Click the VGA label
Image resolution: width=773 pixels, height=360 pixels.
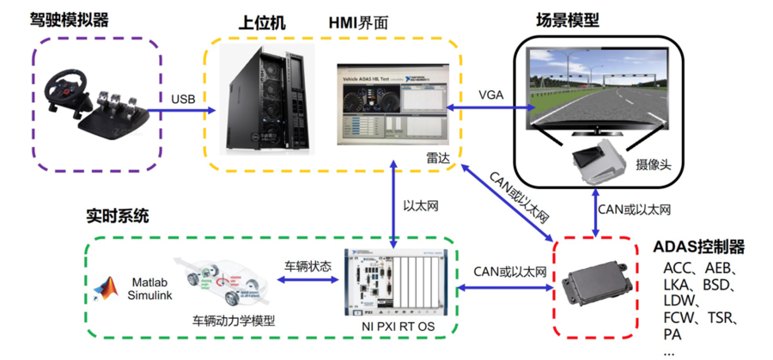(x=490, y=94)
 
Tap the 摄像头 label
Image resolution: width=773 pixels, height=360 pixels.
(x=653, y=162)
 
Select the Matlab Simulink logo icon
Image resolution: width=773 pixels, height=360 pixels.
(x=108, y=289)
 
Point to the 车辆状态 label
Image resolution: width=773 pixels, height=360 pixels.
(x=307, y=265)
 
